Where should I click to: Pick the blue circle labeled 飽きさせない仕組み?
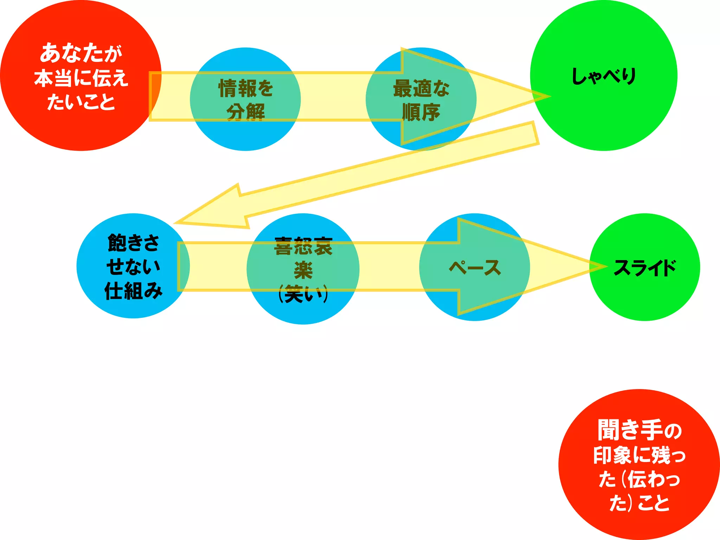(133, 266)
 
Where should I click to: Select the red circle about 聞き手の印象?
(639, 464)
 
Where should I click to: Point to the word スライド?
(644, 268)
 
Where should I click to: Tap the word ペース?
(475, 268)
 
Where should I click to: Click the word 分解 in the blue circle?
(245, 112)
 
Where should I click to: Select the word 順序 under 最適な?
(421, 112)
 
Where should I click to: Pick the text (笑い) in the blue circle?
(303, 294)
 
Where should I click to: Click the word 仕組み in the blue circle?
(133, 291)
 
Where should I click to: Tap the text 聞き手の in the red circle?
(639, 430)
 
